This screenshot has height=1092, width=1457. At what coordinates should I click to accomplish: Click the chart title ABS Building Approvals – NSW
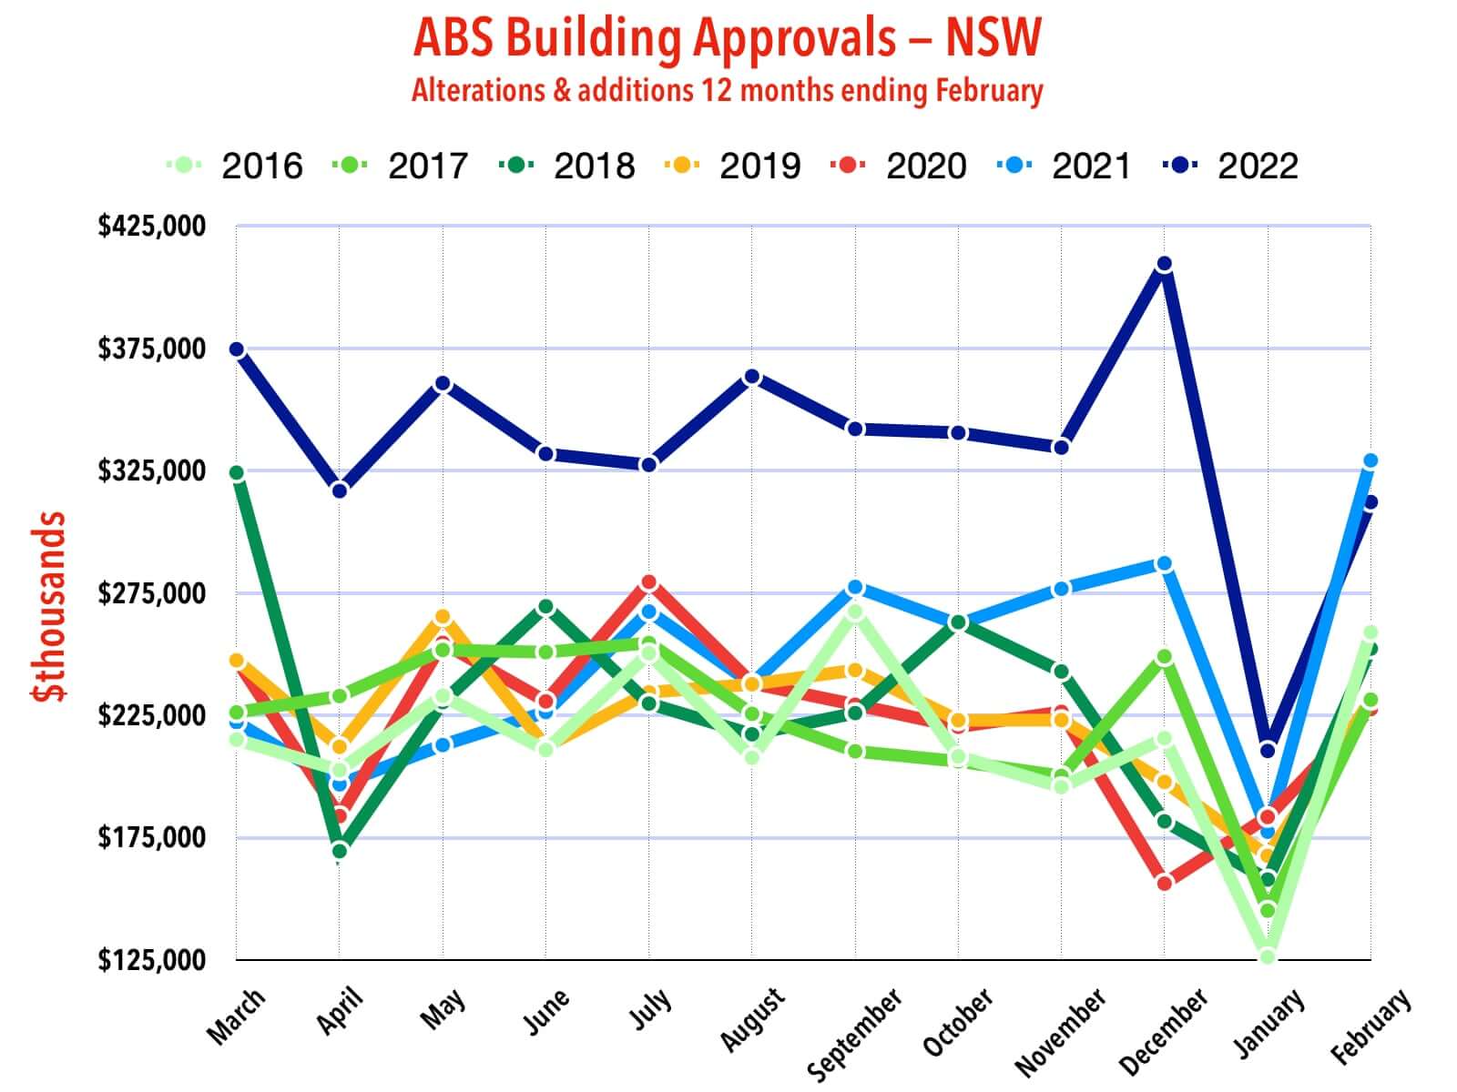[727, 38]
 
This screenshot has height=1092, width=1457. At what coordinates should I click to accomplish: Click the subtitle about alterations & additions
[727, 91]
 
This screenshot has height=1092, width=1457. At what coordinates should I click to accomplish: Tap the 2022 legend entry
[1231, 167]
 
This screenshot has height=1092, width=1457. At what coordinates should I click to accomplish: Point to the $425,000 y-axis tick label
[152, 226]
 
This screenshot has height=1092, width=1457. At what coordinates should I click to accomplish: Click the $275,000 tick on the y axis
[152, 593]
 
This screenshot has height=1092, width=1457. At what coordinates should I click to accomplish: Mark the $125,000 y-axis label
[152, 960]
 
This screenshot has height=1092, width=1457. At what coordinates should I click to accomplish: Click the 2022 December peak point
[1164, 265]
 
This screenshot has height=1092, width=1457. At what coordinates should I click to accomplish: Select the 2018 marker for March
[237, 473]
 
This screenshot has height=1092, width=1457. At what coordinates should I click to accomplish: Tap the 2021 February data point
[1370, 461]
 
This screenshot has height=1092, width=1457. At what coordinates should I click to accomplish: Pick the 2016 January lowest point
[1267, 955]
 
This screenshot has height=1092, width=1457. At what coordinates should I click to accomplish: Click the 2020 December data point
[1164, 883]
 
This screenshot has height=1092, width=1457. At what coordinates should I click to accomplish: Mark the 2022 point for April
[340, 491]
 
